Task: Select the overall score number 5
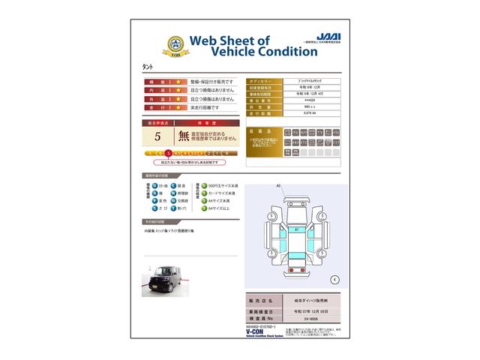pos(157,136)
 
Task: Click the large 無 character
pos(182,136)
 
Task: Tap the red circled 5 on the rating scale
pos(178,153)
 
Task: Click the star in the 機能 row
pos(179,81)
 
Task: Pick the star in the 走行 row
pos(179,108)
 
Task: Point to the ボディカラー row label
pos(261,80)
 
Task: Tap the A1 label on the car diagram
pos(296,229)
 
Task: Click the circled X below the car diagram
pos(334,280)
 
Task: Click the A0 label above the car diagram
pos(278,185)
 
